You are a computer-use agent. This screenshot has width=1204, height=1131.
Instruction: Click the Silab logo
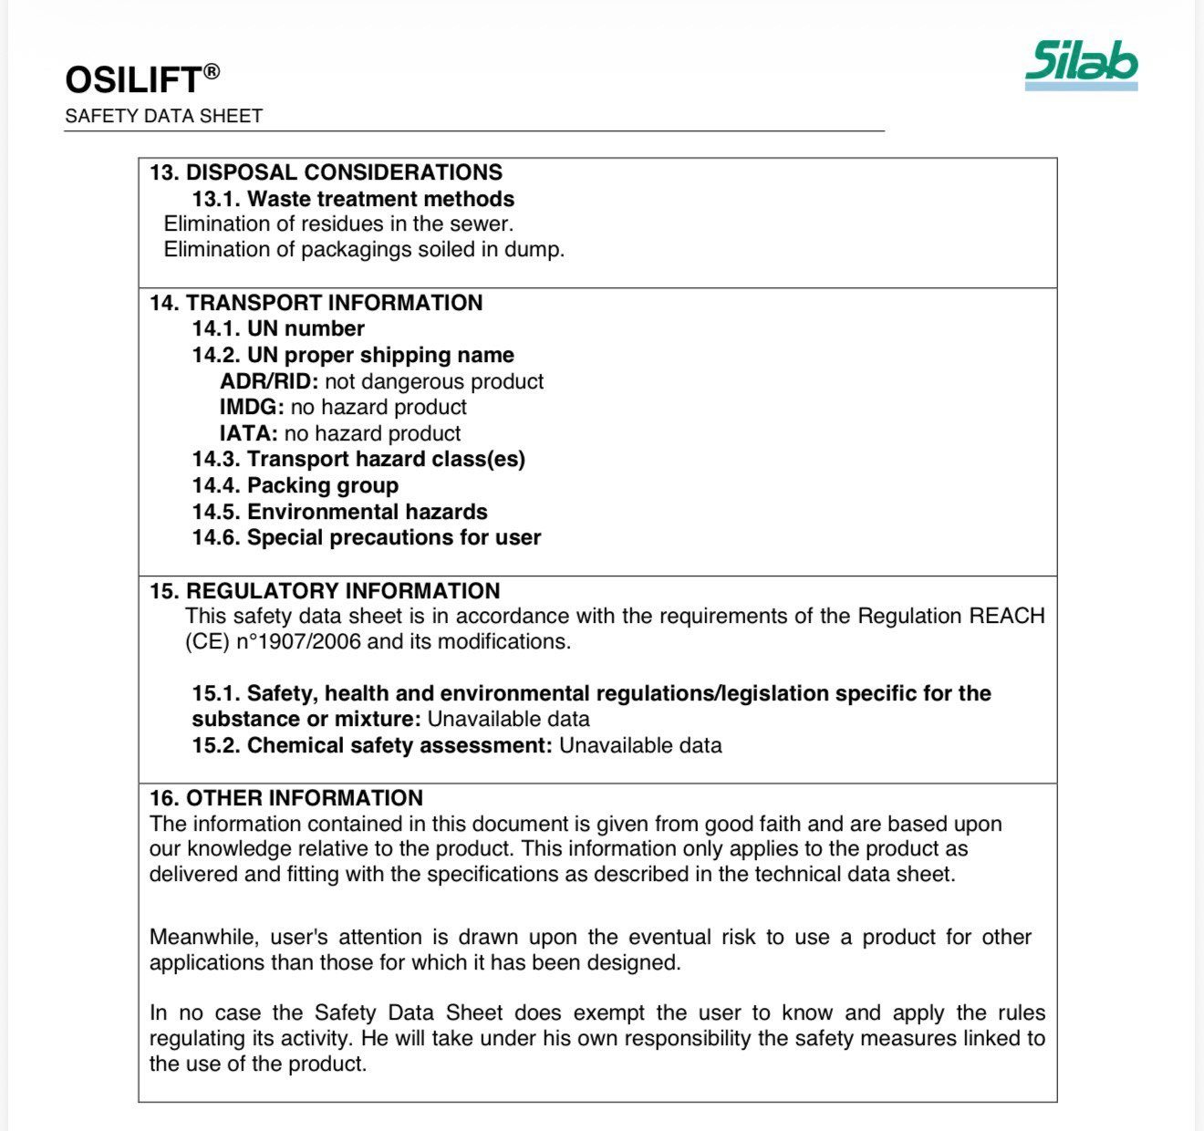(1081, 64)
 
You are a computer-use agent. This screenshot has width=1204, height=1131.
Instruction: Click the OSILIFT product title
(132, 80)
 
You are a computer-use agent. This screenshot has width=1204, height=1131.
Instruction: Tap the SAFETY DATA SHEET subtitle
(164, 116)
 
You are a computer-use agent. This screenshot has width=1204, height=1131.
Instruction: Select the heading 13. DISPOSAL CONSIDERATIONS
(326, 172)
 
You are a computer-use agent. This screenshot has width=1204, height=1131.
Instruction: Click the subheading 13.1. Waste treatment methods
(353, 199)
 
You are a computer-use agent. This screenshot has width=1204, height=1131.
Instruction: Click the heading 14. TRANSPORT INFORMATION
(316, 303)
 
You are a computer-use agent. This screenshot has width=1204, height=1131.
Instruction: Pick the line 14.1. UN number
(278, 328)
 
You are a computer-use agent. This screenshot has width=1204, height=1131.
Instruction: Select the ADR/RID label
(269, 381)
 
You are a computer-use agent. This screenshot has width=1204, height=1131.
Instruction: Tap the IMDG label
(252, 407)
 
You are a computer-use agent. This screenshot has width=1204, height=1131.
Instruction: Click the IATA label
(248, 433)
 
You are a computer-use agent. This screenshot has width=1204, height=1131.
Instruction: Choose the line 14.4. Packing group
(295, 485)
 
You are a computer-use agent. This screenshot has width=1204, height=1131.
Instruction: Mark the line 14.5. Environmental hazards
(339, 512)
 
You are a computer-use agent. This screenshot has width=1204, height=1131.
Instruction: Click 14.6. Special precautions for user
(366, 537)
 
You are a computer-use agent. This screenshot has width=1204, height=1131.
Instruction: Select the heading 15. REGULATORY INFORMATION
(325, 590)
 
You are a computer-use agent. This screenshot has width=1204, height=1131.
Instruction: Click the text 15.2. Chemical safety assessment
(372, 745)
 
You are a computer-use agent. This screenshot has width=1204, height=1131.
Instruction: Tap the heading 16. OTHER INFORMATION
(285, 798)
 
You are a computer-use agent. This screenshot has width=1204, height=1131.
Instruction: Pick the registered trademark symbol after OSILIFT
(211, 71)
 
